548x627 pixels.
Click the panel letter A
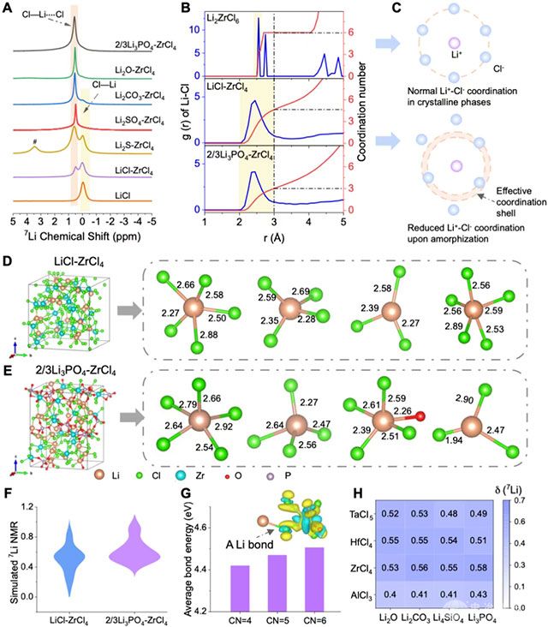point(10,9)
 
